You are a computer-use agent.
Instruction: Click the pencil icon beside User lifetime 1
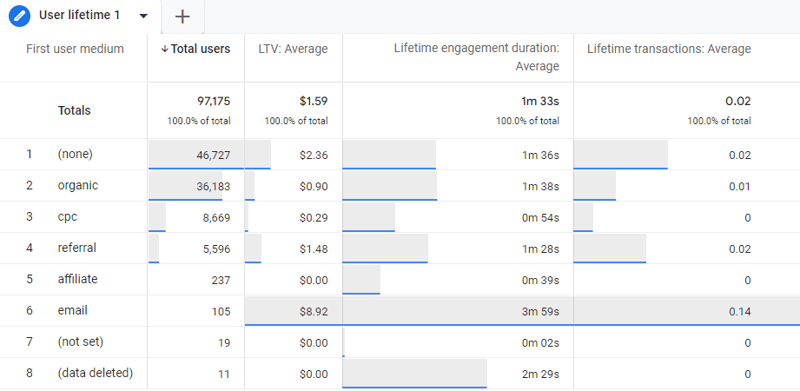(x=19, y=17)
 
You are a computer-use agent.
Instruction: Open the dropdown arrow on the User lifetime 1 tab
(x=143, y=17)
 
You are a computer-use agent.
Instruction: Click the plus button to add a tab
(x=182, y=17)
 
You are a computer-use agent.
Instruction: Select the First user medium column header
(x=75, y=49)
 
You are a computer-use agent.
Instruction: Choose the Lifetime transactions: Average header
(x=669, y=49)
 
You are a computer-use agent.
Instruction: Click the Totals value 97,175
(x=213, y=101)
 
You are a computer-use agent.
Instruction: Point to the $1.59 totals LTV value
(x=311, y=101)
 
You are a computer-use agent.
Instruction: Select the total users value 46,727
(x=213, y=155)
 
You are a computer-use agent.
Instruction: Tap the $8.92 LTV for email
(x=311, y=311)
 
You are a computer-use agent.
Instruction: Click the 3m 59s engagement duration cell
(x=540, y=311)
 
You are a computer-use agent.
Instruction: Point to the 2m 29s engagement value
(x=540, y=374)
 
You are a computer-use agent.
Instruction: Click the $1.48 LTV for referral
(x=311, y=249)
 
